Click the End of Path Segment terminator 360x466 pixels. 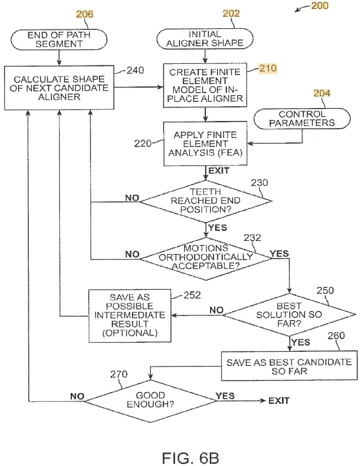tap(59, 39)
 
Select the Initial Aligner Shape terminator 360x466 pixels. tap(205, 38)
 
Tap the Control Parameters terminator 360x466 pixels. tap(302, 119)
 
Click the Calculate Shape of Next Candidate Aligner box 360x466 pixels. tap(59, 88)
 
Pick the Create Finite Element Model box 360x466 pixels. tap(205, 85)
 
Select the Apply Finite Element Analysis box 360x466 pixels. tap(205, 144)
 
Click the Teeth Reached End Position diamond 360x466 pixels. tap(205, 201)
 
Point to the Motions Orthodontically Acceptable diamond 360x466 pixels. tap(205, 258)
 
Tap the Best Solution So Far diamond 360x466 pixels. tap(289, 314)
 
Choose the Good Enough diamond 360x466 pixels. tap(151, 400)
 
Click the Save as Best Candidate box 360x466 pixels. tap(289, 366)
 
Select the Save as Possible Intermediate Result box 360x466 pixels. tap(130, 316)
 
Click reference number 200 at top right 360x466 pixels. tap(320, 6)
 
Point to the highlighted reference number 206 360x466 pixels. tap(84, 14)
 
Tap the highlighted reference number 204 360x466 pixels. tap(322, 93)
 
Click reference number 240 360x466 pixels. tap(135, 71)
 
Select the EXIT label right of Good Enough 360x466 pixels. tap(279, 401)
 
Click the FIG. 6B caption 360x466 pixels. tap(190, 458)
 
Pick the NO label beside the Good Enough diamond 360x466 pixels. tap(78, 396)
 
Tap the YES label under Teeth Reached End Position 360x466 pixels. tap(218, 228)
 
